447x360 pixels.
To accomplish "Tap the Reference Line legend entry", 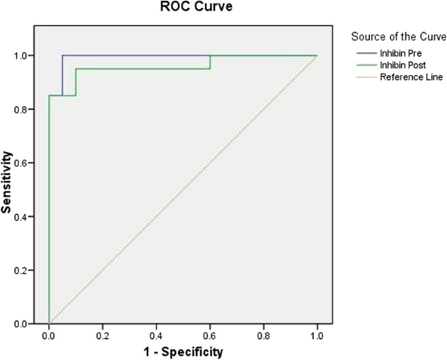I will coord(411,77).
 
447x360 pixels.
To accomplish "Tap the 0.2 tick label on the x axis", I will coord(102,335).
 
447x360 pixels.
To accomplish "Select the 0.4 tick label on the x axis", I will coord(156,335).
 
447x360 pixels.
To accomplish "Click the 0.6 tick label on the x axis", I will coord(209,335).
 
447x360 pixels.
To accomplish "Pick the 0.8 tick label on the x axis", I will coord(264,335).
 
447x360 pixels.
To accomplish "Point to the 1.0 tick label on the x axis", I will coord(317,335).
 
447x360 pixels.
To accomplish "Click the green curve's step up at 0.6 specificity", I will coord(209,62).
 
